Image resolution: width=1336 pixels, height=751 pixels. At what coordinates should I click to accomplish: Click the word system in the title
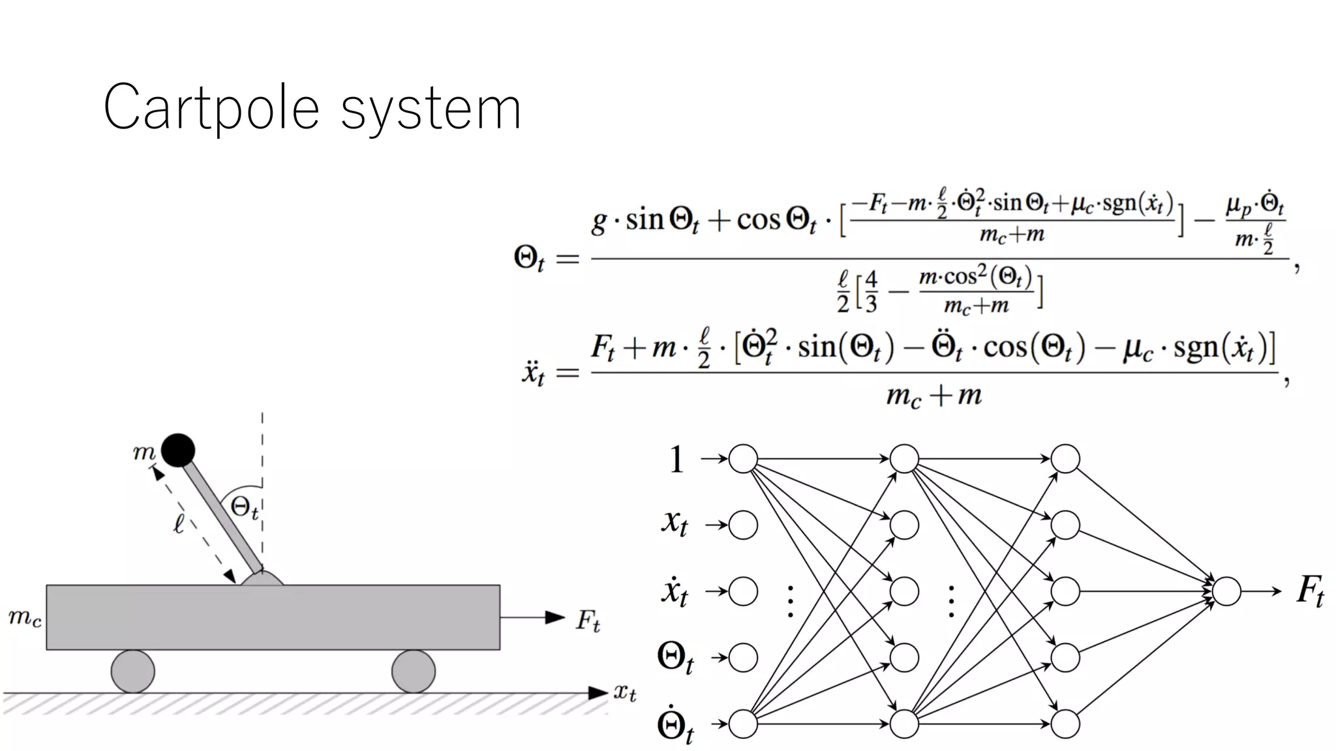[x=431, y=111]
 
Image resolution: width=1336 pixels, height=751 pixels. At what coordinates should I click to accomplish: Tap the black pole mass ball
[x=178, y=450]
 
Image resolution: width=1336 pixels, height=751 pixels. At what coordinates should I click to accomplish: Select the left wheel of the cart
[x=133, y=671]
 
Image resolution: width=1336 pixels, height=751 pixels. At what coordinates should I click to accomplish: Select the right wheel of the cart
[x=413, y=671]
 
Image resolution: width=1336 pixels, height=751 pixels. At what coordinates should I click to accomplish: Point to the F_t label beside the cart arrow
[x=587, y=620]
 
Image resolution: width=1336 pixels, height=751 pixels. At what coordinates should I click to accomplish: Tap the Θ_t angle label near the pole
[x=245, y=508]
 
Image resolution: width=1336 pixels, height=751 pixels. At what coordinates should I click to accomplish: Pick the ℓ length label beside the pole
[x=179, y=523]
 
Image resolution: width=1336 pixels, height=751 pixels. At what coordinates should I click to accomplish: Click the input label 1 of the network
[x=676, y=460]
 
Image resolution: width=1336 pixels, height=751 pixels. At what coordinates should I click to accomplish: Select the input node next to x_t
[x=743, y=525]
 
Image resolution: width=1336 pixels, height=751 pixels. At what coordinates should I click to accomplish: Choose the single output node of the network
[x=1226, y=591]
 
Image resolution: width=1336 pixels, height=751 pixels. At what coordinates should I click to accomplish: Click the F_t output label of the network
[x=1310, y=591]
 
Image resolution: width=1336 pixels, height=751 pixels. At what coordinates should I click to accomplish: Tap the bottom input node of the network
[x=743, y=724]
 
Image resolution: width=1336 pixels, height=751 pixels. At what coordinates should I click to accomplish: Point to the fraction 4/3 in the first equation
[x=871, y=293]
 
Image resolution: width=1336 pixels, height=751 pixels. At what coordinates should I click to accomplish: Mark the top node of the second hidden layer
[x=1065, y=459]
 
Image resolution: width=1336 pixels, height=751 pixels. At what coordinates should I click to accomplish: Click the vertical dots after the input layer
[x=790, y=601]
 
